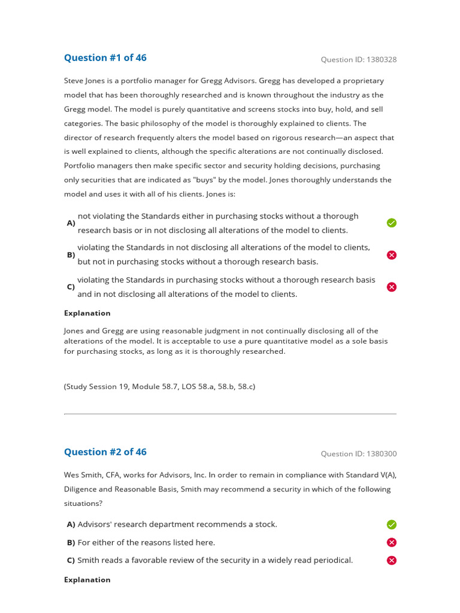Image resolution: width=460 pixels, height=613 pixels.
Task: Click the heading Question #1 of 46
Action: tap(105, 58)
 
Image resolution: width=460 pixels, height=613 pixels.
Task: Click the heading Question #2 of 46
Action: tap(105, 452)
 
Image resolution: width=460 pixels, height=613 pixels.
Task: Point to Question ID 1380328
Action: tap(358, 59)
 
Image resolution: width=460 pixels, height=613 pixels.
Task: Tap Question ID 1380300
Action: tap(358, 454)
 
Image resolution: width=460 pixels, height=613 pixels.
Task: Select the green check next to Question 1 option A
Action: tap(392, 223)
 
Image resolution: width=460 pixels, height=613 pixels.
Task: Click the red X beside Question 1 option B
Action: tap(392, 255)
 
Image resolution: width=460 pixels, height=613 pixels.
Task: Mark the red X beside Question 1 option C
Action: tap(392, 287)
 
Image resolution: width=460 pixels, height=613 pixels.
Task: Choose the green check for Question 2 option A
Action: tap(392, 524)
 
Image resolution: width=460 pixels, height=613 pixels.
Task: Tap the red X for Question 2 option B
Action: tap(392, 542)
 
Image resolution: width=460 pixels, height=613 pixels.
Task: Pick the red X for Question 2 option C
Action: tap(392, 560)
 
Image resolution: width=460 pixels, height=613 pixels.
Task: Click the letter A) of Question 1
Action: tap(71, 223)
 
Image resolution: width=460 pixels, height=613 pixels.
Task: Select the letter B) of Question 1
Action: tap(71, 255)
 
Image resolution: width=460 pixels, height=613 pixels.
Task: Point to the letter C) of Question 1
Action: tap(71, 287)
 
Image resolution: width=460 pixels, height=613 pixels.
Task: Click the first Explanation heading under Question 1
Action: tap(87, 313)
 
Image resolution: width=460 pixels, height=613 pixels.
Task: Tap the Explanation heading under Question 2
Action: tap(87, 579)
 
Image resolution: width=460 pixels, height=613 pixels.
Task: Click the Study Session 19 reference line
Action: tap(159, 387)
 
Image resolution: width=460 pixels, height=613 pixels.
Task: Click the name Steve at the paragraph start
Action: tap(74, 81)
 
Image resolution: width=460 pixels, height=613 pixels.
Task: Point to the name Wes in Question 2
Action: tap(72, 475)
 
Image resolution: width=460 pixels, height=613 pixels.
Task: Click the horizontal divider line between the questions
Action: tap(230, 414)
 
